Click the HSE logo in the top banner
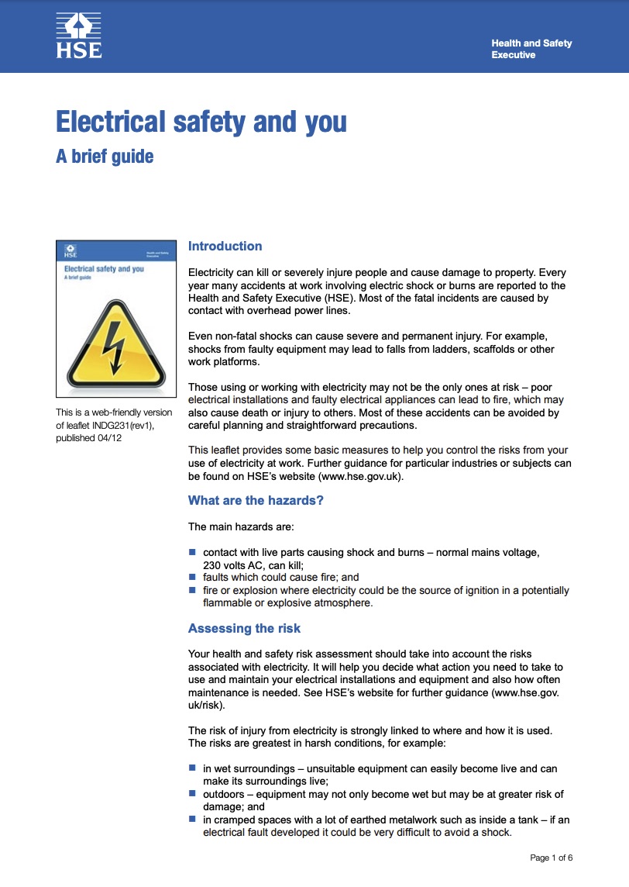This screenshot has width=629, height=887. click(79, 36)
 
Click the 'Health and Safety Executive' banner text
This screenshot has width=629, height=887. click(531, 49)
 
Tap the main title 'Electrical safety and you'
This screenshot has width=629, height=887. click(201, 123)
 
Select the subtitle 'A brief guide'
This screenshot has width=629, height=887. click(105, 156)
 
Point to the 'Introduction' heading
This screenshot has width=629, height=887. click(225, 247)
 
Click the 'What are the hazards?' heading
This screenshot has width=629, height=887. click(256, 500)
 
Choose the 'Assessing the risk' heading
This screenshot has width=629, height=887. click(244, 628)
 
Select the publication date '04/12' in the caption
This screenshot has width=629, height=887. click(110, 438)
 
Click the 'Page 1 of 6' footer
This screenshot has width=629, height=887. click(552, 858)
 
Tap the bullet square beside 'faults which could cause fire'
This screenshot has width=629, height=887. click(193, 577)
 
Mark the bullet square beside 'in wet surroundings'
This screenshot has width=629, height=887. click(193, 768)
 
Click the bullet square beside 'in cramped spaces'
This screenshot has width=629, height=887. click(193, 820)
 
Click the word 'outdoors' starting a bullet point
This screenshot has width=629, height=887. click(225, 794)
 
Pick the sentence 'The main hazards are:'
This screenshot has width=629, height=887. click(241, 527)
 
